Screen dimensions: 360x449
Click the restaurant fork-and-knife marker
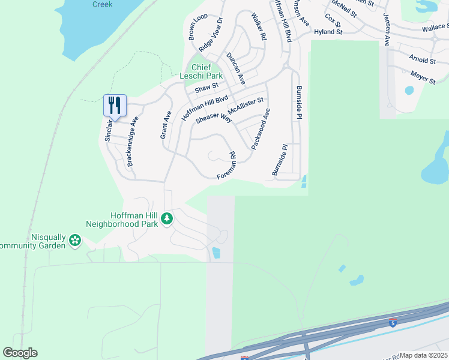coord(114,106)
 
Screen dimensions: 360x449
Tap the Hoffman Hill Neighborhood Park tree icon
coord(167,219)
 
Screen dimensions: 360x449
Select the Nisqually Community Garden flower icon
coord(75,240)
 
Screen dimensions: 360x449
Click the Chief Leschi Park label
coord(201,71)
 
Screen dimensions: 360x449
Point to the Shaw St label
coord(206,89)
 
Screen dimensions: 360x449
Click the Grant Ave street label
coord(166,125)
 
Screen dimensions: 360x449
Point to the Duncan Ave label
coord(236,68)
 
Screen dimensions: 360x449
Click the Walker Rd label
coord(259,26)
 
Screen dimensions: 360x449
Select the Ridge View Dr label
coord(211,34)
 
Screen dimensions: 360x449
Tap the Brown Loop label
coord(197,26)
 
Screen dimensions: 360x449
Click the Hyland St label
coord(328,31)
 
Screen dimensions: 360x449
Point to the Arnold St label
coord(421,60)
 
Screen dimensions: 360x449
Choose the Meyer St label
coord(423,77)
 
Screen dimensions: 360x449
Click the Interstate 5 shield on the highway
coord(392,322)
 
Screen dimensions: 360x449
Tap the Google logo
coord(20,353)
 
